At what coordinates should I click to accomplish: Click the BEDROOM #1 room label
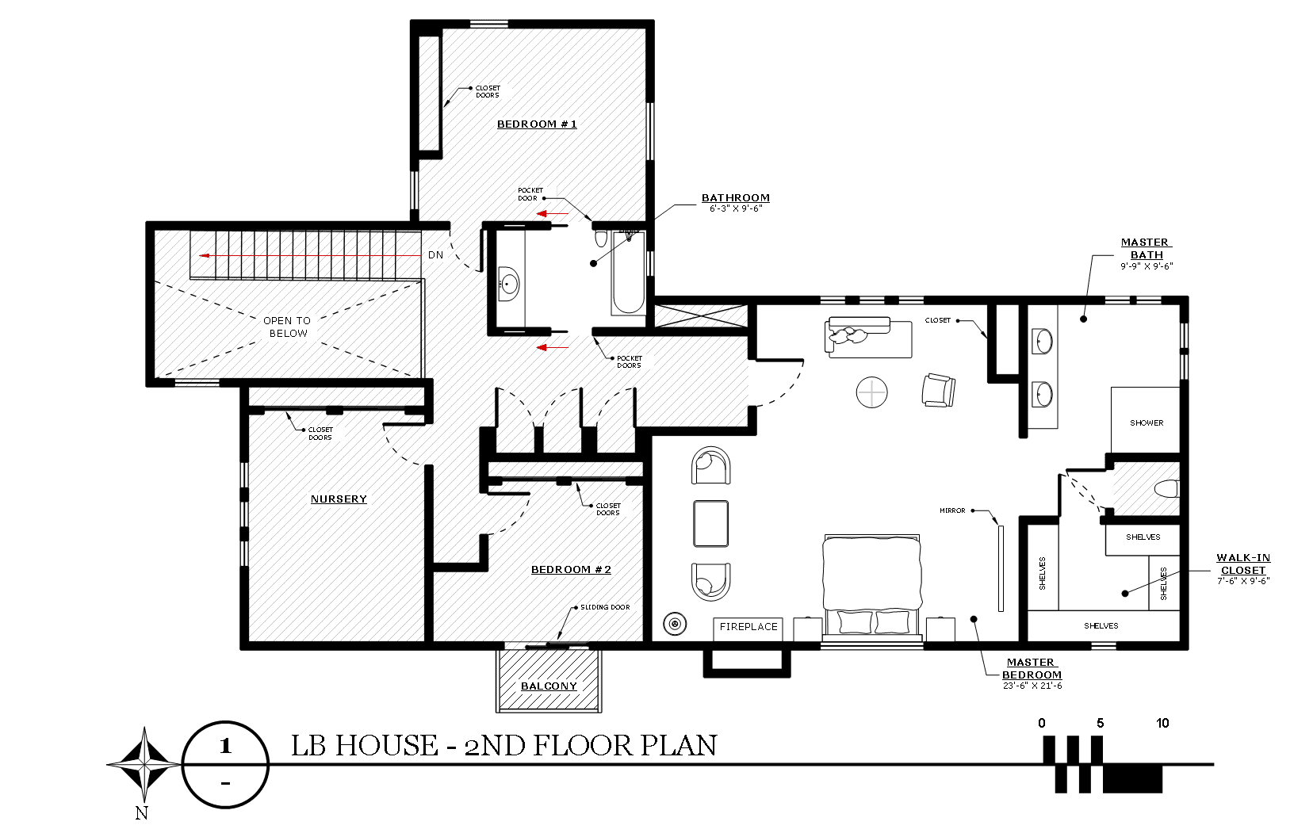click(x=537, y=124)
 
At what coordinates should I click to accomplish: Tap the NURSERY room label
click(x=339, y=499)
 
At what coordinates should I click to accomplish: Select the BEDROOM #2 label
click(x=571, y=569)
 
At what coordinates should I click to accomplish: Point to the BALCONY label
click(x=549, y=686)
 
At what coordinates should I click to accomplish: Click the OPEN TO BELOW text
click(x=288, y=327)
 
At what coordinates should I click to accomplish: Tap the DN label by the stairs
click(x=435, y=255)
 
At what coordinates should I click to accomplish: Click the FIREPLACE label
click(x=748, y=627)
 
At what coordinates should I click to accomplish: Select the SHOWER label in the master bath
click(x=1147, y=422)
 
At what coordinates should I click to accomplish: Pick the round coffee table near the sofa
click(x=871, y=392)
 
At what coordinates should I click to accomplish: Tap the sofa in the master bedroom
click(x=870, y=338)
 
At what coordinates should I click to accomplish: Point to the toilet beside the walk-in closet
click(x=1166, y=488)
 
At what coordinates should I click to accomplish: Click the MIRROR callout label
click(x=952, y=510)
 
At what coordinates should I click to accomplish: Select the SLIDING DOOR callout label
click(x=607, y=607)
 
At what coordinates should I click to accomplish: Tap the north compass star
click(x=144, y=765)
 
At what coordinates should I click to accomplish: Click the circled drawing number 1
click(x=225, y=746)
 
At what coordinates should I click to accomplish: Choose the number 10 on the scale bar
click(x=1162, y=723)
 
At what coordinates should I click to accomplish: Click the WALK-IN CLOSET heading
click(x=1242, y=564)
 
